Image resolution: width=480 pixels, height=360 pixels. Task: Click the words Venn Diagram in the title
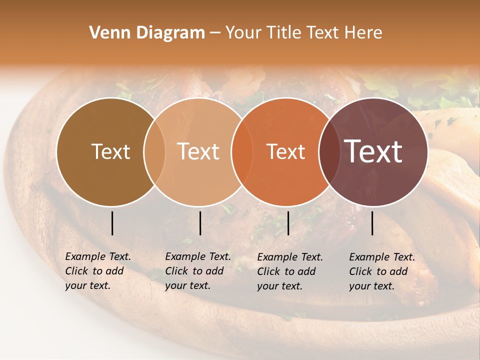pyautogui.click(x=147, y=33)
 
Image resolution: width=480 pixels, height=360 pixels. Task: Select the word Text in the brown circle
pyautogui.click(x=110, y=151)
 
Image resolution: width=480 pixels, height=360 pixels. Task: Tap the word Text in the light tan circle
pyautogui.click(x=198, y=151)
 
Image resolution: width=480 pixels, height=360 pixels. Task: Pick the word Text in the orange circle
pyautogui.click(x=285, y=151)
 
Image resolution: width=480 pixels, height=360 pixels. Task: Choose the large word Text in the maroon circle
pyautogui.click(x=373, y=151)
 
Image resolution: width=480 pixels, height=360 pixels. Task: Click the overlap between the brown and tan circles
pyautogui.click(x=154, y=151)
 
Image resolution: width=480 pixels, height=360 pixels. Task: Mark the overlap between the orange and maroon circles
pyautogui.click(x=328, y=151)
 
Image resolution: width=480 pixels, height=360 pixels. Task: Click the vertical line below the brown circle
pyautogui.click(x=112, y=223)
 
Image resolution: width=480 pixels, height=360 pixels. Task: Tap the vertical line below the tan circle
pyautogui.click(x=200, y=223)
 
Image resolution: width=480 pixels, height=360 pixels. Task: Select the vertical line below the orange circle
pyautogui.click(x=288, y=223)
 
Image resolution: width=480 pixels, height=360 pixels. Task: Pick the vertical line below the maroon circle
pyautogui.click(x=372, y=223)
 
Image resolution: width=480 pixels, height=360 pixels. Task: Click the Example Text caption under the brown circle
pyautogui.click(x=98, y=271)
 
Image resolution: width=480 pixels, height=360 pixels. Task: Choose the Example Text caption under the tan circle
pyautogui.click(x=198, y=271)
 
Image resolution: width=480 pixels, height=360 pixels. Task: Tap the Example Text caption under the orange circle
pyautogui.click(x=290, y=271)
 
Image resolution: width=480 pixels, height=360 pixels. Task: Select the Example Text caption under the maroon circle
pyautogui.click(x=382, y=271)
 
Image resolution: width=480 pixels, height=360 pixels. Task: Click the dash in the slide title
pyautogui.click(x=214, y=33)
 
